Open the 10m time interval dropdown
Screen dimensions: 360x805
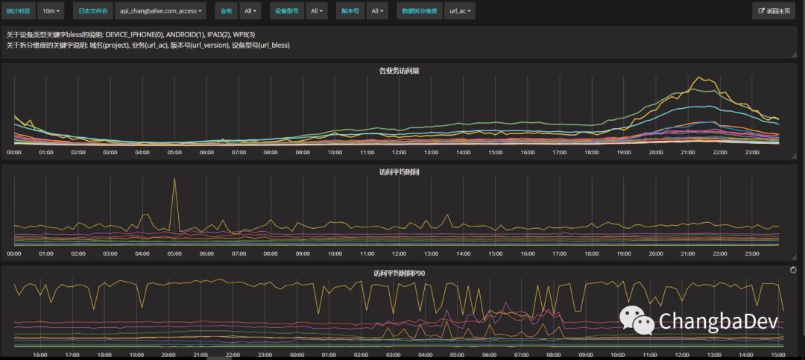point(51,11)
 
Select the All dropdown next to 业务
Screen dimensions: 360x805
point(251,11)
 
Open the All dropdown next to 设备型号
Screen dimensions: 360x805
point(317,11)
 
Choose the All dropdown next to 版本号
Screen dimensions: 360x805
point(379,11)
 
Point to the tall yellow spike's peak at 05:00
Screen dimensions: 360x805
point(174,179)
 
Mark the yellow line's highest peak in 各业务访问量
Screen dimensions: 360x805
point(699,77)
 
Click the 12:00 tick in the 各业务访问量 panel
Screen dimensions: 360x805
point(399,152)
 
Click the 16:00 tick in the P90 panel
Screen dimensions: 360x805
point(40,355)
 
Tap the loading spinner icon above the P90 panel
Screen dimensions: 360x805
point(792,270)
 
